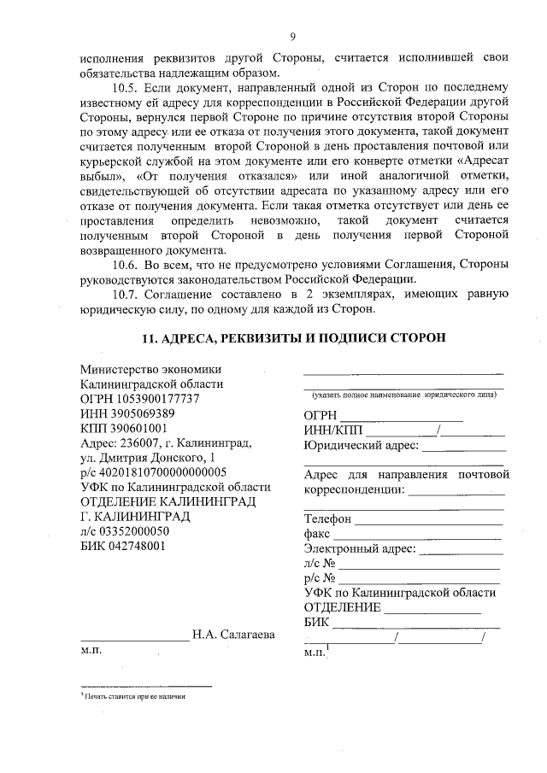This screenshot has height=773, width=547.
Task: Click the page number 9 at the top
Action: [x=292, y=36]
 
